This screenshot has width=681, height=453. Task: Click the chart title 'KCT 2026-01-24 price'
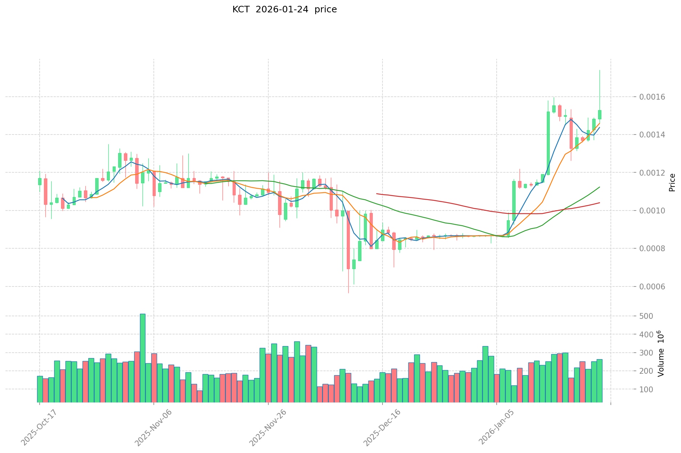pyautogui.click(x=284, y=9)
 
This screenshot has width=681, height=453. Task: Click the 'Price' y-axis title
pyautogui.click(x=672, y=183)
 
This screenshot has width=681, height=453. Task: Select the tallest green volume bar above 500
pyautogui.click(x=143, y=358)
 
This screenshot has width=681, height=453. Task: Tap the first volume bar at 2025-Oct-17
pyautogui.click(x=40, y=389)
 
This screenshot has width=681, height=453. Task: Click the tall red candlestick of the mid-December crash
pyautogui.click(x=348, y=240)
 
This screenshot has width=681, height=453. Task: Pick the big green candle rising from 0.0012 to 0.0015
pyautogui.click(x=548, y=143)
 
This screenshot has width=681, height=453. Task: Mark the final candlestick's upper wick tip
pyautogui.click(x=600, y=70)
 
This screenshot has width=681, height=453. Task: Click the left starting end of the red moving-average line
pyautogui.click(x=377, y=194)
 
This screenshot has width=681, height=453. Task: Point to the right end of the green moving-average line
pyautogui.click(x=599, y=187)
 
